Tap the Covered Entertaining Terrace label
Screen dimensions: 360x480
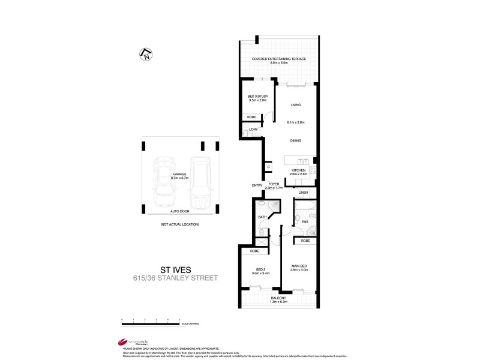(x=279, y=59)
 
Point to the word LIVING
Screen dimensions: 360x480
(x=296, y=104)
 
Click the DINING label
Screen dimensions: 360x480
(x=296, y=140)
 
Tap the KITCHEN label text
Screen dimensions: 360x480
(x=299, y=170)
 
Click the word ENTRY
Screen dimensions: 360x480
(x=257, y=185)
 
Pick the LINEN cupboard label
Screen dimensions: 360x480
(x=303, y=193)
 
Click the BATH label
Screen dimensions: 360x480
(x=262, y=217)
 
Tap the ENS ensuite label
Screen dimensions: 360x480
(x=304, y=222)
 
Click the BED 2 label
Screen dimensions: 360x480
(x=260, y=269)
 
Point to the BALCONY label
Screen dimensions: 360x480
(x=278, y=298)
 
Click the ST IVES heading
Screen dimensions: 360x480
(x=175, y=269)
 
